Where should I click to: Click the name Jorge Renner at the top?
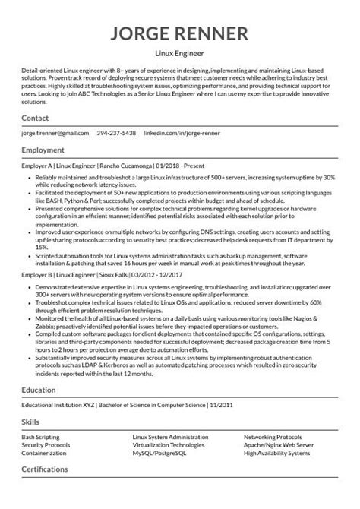click(180, 34)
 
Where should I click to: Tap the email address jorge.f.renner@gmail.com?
click(55, 134)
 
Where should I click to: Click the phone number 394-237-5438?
click(117, 134)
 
